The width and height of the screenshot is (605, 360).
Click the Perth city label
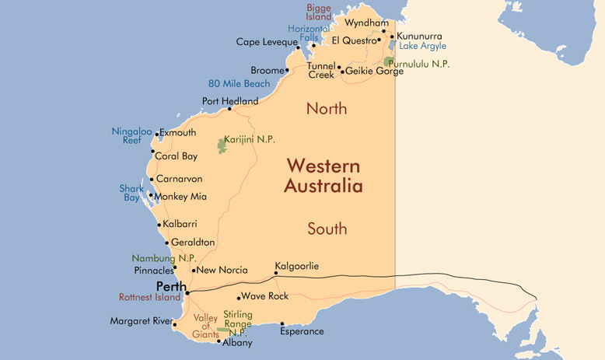pyautogui.click(x=171, y=286)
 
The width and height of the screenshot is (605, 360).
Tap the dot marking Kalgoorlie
pyautogui.click(x=276, y=274)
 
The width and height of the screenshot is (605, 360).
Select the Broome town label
pyautogui.click(x=268, y=70)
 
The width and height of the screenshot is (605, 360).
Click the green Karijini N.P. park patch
pyautogui.click(x=222, y=145)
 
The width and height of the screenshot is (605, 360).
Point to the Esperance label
pyautogui.click(x=302, y=331)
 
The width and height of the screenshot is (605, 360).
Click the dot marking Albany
pyautogui.click(x=219, y=341)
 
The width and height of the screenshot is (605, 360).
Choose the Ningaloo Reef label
pyautogui.click(x=131, y=136)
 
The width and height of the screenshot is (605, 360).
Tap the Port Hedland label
pyautogui.click(x=230, y=101)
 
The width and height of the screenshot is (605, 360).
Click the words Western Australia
pyautogui.click(x=323, y=176)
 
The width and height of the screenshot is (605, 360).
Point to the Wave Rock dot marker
pyautogui.click(x=239, y=297)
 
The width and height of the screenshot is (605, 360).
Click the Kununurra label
pyautogui.click(x=419, y=36)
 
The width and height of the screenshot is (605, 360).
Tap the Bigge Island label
pyautogui.click(x=319, y=12)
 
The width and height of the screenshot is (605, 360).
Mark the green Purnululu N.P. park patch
pyautogui.click(x=388, y=61)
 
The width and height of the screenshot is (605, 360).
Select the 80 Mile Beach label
pyautogui.click(x=240, y=84)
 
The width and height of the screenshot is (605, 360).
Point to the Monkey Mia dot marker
pyautogui.click(x=151, y=196)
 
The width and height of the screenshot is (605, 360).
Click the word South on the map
pyautogui.click(x=327, y=229)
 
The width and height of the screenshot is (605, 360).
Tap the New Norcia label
pyautogui.click(x=223, y=271)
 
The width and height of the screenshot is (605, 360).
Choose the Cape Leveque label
pyautogui.click(x=267, y=42)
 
